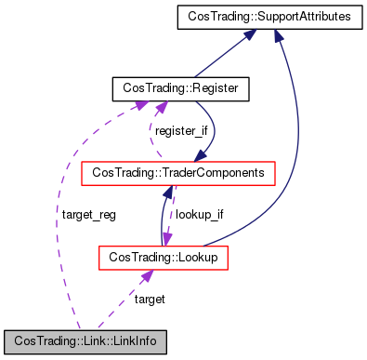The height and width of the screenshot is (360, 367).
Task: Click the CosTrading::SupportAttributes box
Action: pyautogui.click(x=256, y=16)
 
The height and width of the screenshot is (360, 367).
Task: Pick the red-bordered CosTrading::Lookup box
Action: pyautogui.click(x=164, y=256)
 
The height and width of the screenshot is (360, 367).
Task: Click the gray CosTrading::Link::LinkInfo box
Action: pyautogui.click(x=85, y=340)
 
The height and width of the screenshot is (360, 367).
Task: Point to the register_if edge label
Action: pyautogui.click(x=182, y=130)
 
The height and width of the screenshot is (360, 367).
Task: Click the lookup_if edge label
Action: pyautogui.click(x=200, y=214)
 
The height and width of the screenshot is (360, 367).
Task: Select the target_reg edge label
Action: pyautogui.click(x=88, y=214)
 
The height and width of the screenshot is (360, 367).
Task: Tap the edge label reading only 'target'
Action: pyautogui.click(x=150, y=299)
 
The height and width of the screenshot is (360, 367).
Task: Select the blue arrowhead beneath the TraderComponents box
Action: pyautogui.click(x=167, y=192)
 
